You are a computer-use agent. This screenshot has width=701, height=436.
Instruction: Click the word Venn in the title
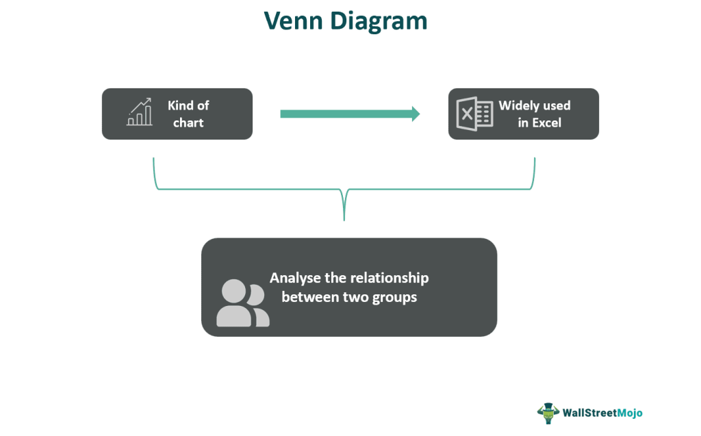point(293,21)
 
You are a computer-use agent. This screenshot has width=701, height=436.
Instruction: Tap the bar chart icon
point(140,112)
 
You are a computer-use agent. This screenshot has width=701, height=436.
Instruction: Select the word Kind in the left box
point(180,105)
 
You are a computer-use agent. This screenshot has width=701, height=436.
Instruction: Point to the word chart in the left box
point(188,123)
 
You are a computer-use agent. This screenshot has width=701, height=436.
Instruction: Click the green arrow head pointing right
point(416,114)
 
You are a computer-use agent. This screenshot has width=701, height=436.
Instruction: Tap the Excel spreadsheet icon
point(474,114)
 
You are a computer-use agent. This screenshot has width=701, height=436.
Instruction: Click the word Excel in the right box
point(546,123)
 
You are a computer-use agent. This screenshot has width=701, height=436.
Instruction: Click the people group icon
point(243,303)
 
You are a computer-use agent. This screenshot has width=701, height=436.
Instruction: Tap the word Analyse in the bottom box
point(295,278)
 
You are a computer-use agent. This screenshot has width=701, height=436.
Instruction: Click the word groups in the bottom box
point(394,298)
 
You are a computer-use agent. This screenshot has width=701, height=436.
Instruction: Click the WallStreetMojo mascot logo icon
point(548,413)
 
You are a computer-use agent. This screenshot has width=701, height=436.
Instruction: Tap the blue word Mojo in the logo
point(630,413)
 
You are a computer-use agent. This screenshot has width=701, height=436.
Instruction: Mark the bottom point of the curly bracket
point(344,220)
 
